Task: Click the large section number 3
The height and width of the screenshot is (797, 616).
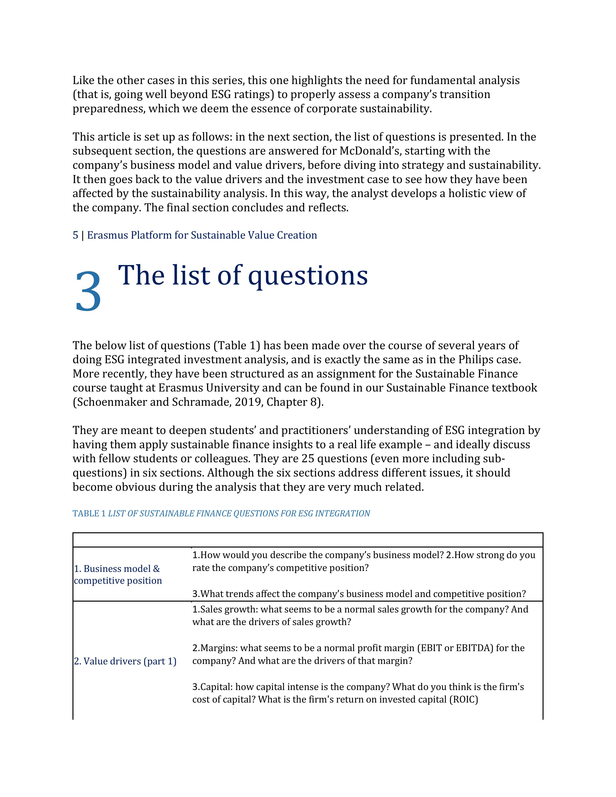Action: tap(88, 291)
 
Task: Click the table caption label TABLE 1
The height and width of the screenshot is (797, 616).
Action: tap(89, 513)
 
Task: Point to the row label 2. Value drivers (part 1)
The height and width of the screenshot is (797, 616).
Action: tap(125, 661)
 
